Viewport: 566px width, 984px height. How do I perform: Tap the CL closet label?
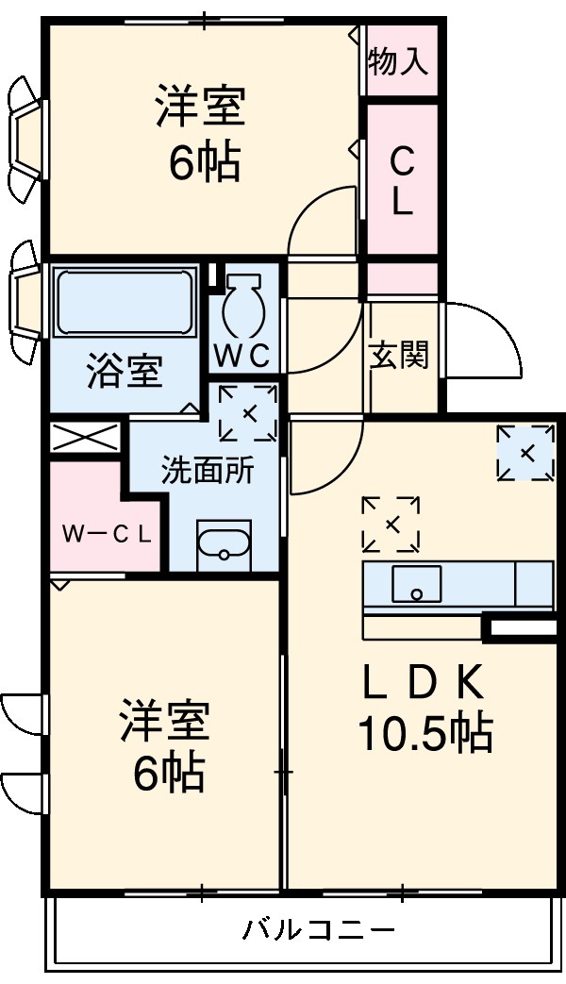(x=402, y=181)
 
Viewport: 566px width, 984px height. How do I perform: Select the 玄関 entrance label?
(x=400, y=356)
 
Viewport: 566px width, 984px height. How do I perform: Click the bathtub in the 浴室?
(x=125, y=301)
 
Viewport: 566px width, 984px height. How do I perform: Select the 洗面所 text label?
(x=207, y=470)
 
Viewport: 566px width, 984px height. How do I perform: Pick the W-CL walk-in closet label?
(x=107, y=534)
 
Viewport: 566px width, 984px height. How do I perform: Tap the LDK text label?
(x=424, y=681)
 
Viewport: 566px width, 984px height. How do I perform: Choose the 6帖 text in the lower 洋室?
(x=166, y=774)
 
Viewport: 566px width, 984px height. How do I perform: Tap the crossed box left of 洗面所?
(x=85, y=438)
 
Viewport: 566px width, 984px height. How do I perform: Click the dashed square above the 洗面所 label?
(x=248, y=413)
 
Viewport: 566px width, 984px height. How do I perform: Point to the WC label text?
(x=242, y=356)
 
